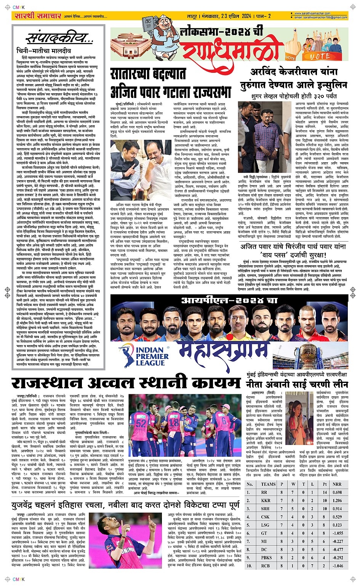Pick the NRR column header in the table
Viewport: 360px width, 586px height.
click(337, 484)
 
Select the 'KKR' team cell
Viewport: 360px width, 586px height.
click(266, 500)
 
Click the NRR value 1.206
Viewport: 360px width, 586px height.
click(337, 500)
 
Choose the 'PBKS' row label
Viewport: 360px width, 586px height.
click(266, 557)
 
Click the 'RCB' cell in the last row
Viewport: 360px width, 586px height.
click(266, 566)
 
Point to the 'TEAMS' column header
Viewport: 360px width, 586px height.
click(268, 484)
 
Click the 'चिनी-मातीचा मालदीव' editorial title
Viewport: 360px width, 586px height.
click(44, 51)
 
